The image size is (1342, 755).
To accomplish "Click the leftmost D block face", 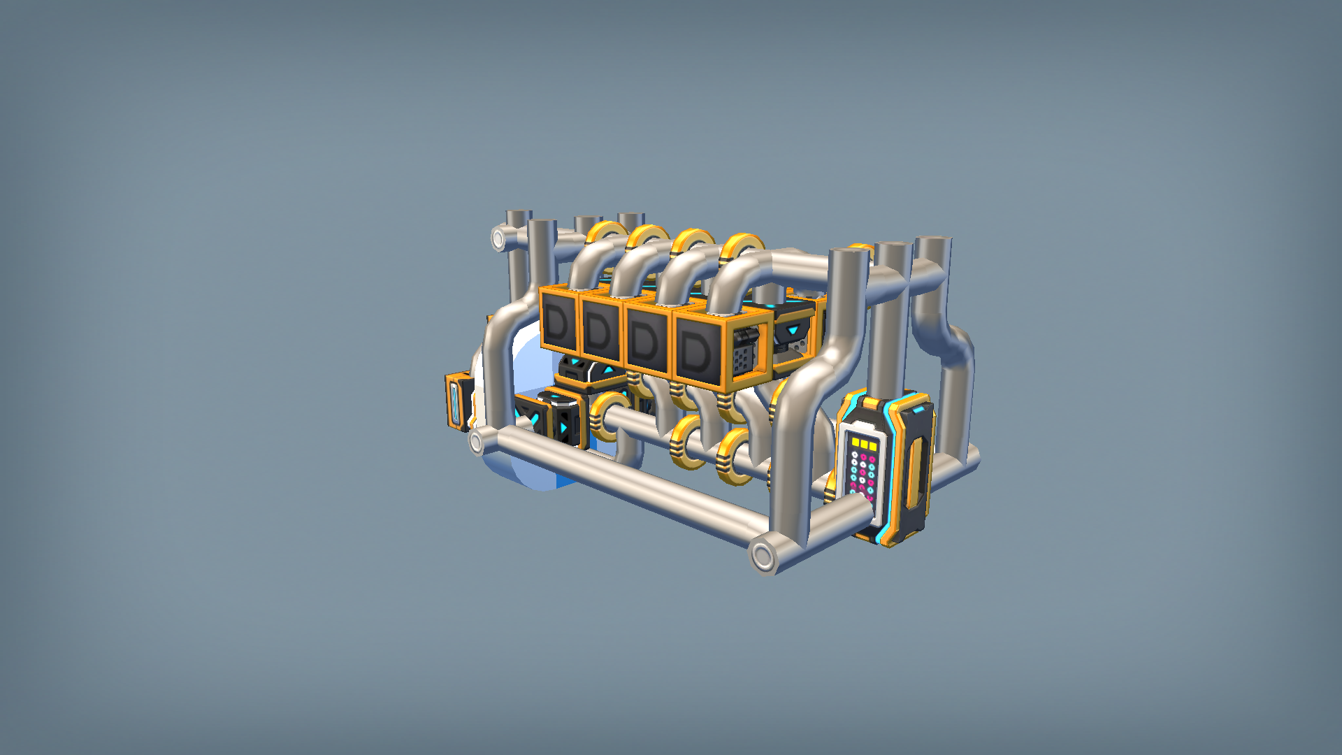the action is coord(558,322).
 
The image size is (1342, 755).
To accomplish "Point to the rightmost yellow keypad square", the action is coord(873,445).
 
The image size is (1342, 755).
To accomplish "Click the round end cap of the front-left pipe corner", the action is coord(477,442).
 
